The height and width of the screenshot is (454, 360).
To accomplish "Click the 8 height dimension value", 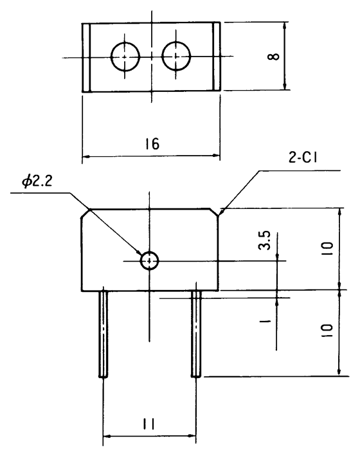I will [274, 57].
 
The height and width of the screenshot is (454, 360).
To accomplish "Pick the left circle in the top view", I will [125, 57].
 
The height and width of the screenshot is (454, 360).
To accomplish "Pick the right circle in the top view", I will [175, 57].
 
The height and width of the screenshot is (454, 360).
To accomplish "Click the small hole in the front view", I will [149, 260].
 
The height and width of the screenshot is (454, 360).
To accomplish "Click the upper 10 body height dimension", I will [328, 249].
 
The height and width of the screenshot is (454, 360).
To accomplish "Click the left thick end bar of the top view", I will [85, 57].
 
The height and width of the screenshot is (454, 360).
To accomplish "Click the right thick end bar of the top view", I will [217, 57].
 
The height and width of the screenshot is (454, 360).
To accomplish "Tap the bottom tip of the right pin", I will [196, 376].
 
